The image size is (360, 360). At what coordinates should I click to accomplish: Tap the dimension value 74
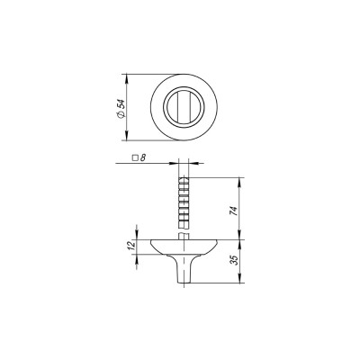[x=234, y=211]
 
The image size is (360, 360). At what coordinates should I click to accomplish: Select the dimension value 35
[x=234, y=260]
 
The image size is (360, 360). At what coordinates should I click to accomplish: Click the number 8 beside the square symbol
[x=143, y=157]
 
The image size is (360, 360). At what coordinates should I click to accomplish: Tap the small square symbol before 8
[x=136, y=157]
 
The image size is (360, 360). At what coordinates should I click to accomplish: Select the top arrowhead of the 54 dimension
[x=126, y=78]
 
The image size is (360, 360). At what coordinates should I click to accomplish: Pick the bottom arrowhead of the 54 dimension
[x=126, y=135]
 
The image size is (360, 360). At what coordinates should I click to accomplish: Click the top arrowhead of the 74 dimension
[x=239, y=183]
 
